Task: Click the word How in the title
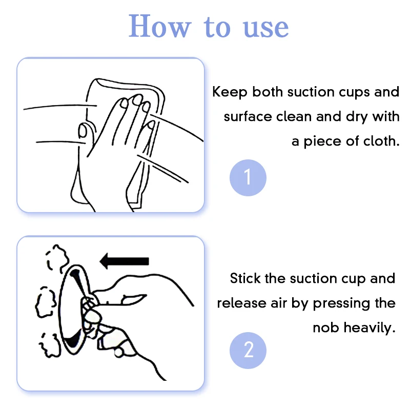click(x=160, y=27)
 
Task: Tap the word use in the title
click(x=265, y=28)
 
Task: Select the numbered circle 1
click(x=248, y=177)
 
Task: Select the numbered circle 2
click(x=248, y=351)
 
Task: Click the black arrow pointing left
click(x=125, y=261)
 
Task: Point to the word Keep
click(x=230, y=93)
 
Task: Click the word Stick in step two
click(x=245, y=278)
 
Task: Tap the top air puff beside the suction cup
click(x=57, y=258)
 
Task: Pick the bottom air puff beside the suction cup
click(x=50, y=345)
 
